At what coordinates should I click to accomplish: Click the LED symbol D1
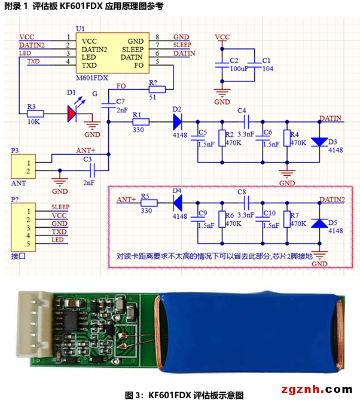point(72,113)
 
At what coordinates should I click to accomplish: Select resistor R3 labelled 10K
point(35,114)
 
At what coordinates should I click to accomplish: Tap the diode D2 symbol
point(178,121)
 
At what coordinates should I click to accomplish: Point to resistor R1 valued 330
point(141,121)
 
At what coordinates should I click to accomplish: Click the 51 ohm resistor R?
point(157,90)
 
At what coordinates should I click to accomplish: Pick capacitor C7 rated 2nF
point(108,105)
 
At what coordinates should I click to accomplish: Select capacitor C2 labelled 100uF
point(222,65)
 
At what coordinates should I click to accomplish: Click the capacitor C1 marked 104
point(255,65)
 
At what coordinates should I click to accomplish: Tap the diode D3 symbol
point(319,142)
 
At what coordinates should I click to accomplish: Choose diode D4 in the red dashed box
point(178,203)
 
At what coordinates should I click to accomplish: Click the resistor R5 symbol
point(149,203)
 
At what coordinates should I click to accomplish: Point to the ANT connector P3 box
point(23,166)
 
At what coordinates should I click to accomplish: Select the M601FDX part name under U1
point(92,78)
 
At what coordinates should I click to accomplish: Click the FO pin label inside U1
point(139,65)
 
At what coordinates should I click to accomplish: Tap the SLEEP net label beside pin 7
point(182,45)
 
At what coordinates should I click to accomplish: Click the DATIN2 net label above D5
point(332,200)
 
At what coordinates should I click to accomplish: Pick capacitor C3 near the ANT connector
point(92,170)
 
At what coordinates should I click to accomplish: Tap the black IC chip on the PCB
point(71,320)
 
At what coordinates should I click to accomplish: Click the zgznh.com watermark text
point(317,389)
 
